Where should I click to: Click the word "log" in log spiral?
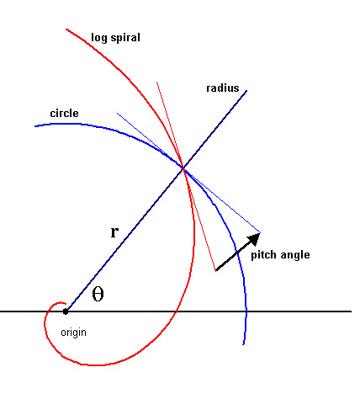click(x=98, y=38)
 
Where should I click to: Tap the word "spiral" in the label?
click(x=125, y=38)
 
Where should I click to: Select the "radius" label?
click(x=223, y=88)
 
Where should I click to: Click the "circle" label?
click(x=64, y=113)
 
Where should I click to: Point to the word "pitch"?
click(x=263, y=255)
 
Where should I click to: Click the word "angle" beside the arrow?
click(x=295, y=255)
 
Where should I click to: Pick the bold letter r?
click(x=114, y=232)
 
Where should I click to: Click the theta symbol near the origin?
click(x=98, y=295)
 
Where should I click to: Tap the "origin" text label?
click(x=73, y=333)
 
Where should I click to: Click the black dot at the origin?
click(x=66, y=311)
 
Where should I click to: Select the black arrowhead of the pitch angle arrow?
click(x=253, y=239)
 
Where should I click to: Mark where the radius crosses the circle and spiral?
click(x=183, y=168)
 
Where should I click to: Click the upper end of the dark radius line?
click(x=246, y=91)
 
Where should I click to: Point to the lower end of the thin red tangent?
click(x=215, y=271)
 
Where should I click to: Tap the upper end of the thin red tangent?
click(x=156, y=83)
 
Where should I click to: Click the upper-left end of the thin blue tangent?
click(x=117, y=113)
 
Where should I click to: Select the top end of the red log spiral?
click(x=66, y=29)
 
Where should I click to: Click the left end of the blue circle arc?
click(x=34, y=126)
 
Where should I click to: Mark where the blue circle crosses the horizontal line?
click(x=246, y=311)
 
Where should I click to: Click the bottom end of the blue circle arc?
click(x=243, y=344)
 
